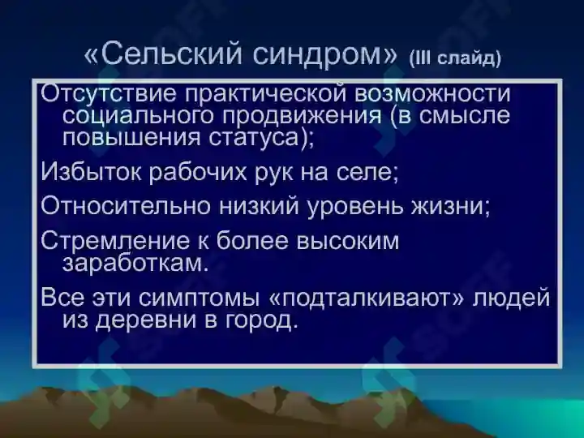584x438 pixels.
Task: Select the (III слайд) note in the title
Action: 455,58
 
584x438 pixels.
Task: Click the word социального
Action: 137,115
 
